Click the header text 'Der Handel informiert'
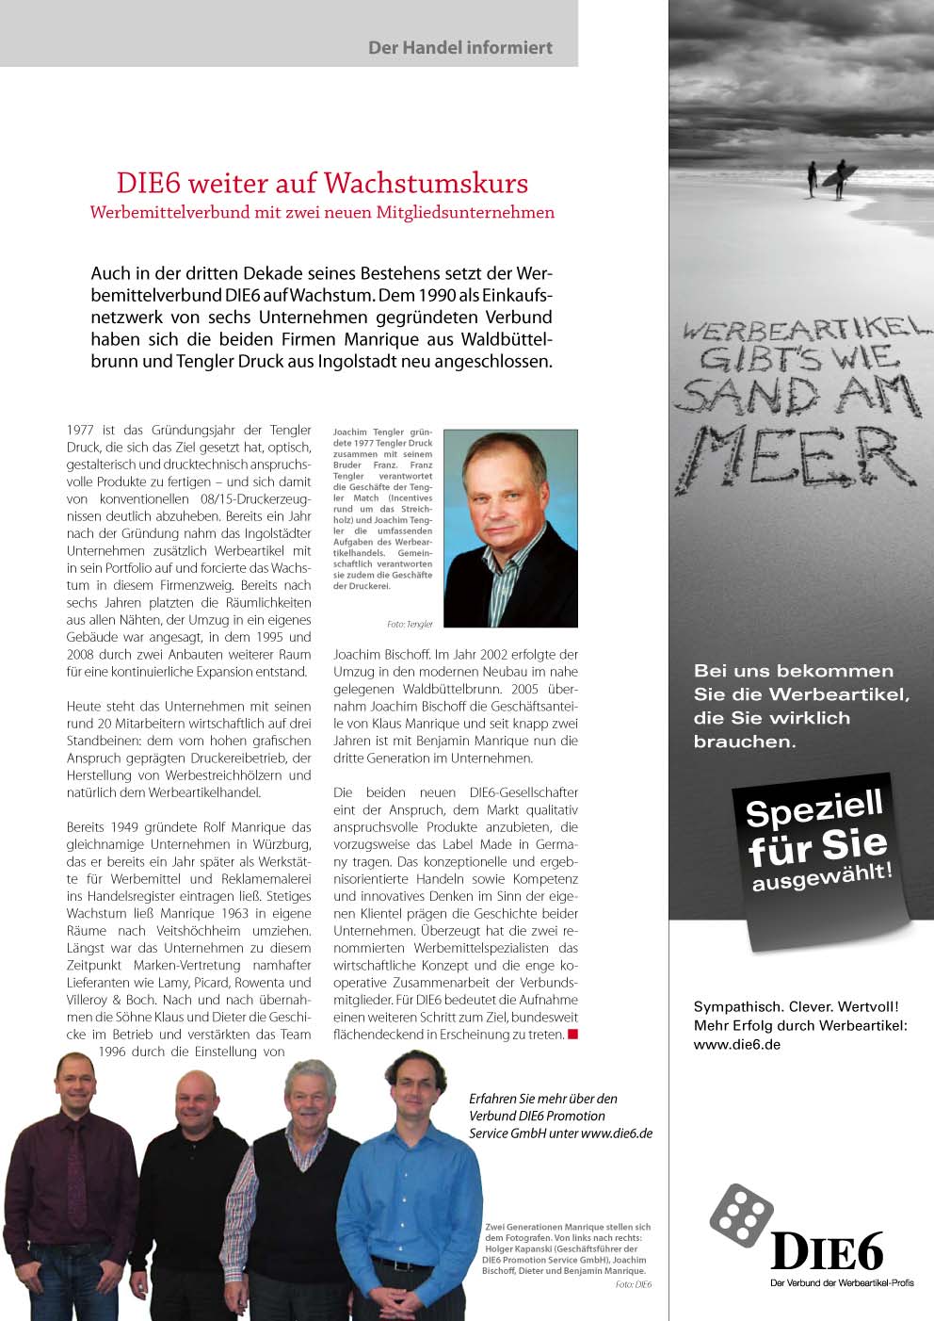[459, 47]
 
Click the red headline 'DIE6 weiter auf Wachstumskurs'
[322, 183]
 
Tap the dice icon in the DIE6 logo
[741, 1215]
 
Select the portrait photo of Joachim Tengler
[510, 528]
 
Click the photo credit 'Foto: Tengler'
[410, 624]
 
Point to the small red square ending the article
[572, 1035]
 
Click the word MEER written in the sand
[800, 457]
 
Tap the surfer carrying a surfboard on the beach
[839, 179]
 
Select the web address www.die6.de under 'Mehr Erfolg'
[736, 1044]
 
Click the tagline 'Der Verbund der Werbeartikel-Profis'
[842, 1282]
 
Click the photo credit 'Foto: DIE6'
[633, 1284]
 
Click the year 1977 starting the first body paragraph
[79, 431]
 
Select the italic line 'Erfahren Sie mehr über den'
[543, 1098]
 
